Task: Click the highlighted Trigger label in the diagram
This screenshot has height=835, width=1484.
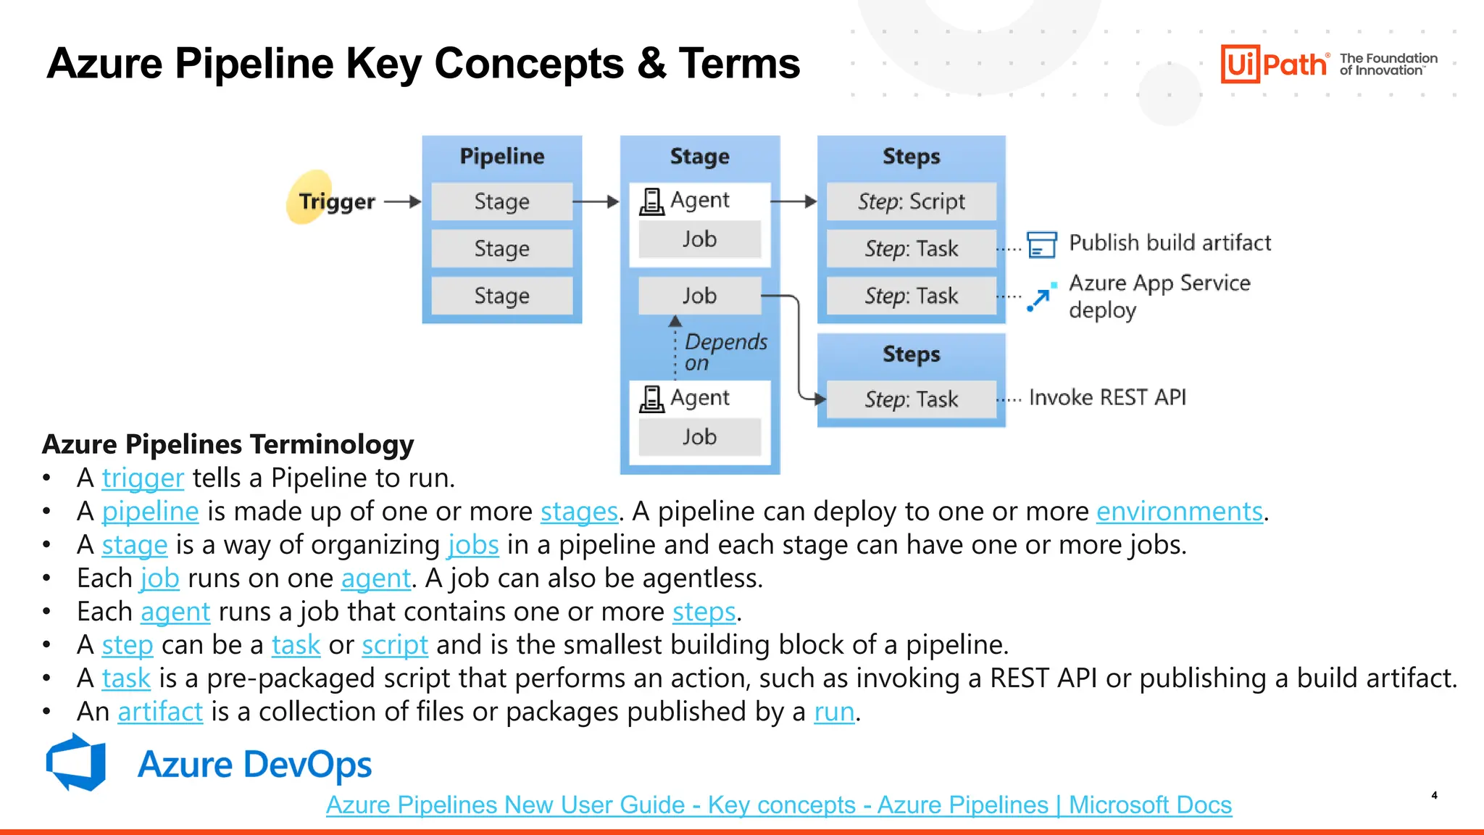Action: [337, 201]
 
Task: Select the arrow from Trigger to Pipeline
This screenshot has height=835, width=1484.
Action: [402, 202]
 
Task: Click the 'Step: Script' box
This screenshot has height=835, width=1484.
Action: [911, 202]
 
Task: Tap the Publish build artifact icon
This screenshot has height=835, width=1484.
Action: [1042, 244]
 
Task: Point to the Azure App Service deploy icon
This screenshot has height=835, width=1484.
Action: [1041, 296]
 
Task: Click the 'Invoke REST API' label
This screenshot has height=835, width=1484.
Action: [1107, 397]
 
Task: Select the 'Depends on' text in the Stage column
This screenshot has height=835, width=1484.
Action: [725, 352]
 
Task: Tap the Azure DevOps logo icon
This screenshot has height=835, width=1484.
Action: [76, 762]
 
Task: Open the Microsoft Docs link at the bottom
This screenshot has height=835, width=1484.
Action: [778, 805]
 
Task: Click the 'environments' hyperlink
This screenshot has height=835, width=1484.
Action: [1179, 512]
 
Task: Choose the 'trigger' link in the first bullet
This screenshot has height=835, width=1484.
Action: [143, 478]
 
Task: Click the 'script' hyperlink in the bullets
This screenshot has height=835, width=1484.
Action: [395, 645]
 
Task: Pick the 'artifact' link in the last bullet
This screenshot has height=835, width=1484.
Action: [160, 712]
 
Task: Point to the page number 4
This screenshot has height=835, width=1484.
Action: [1434, 795]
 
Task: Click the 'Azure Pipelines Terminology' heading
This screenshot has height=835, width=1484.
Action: [228, 444]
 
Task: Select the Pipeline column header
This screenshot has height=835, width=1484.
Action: [501, 156]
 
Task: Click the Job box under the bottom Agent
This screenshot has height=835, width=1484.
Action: [699, 437]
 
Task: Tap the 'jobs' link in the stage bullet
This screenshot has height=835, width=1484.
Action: [473, 545]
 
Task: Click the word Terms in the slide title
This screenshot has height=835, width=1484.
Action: [739, 64]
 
